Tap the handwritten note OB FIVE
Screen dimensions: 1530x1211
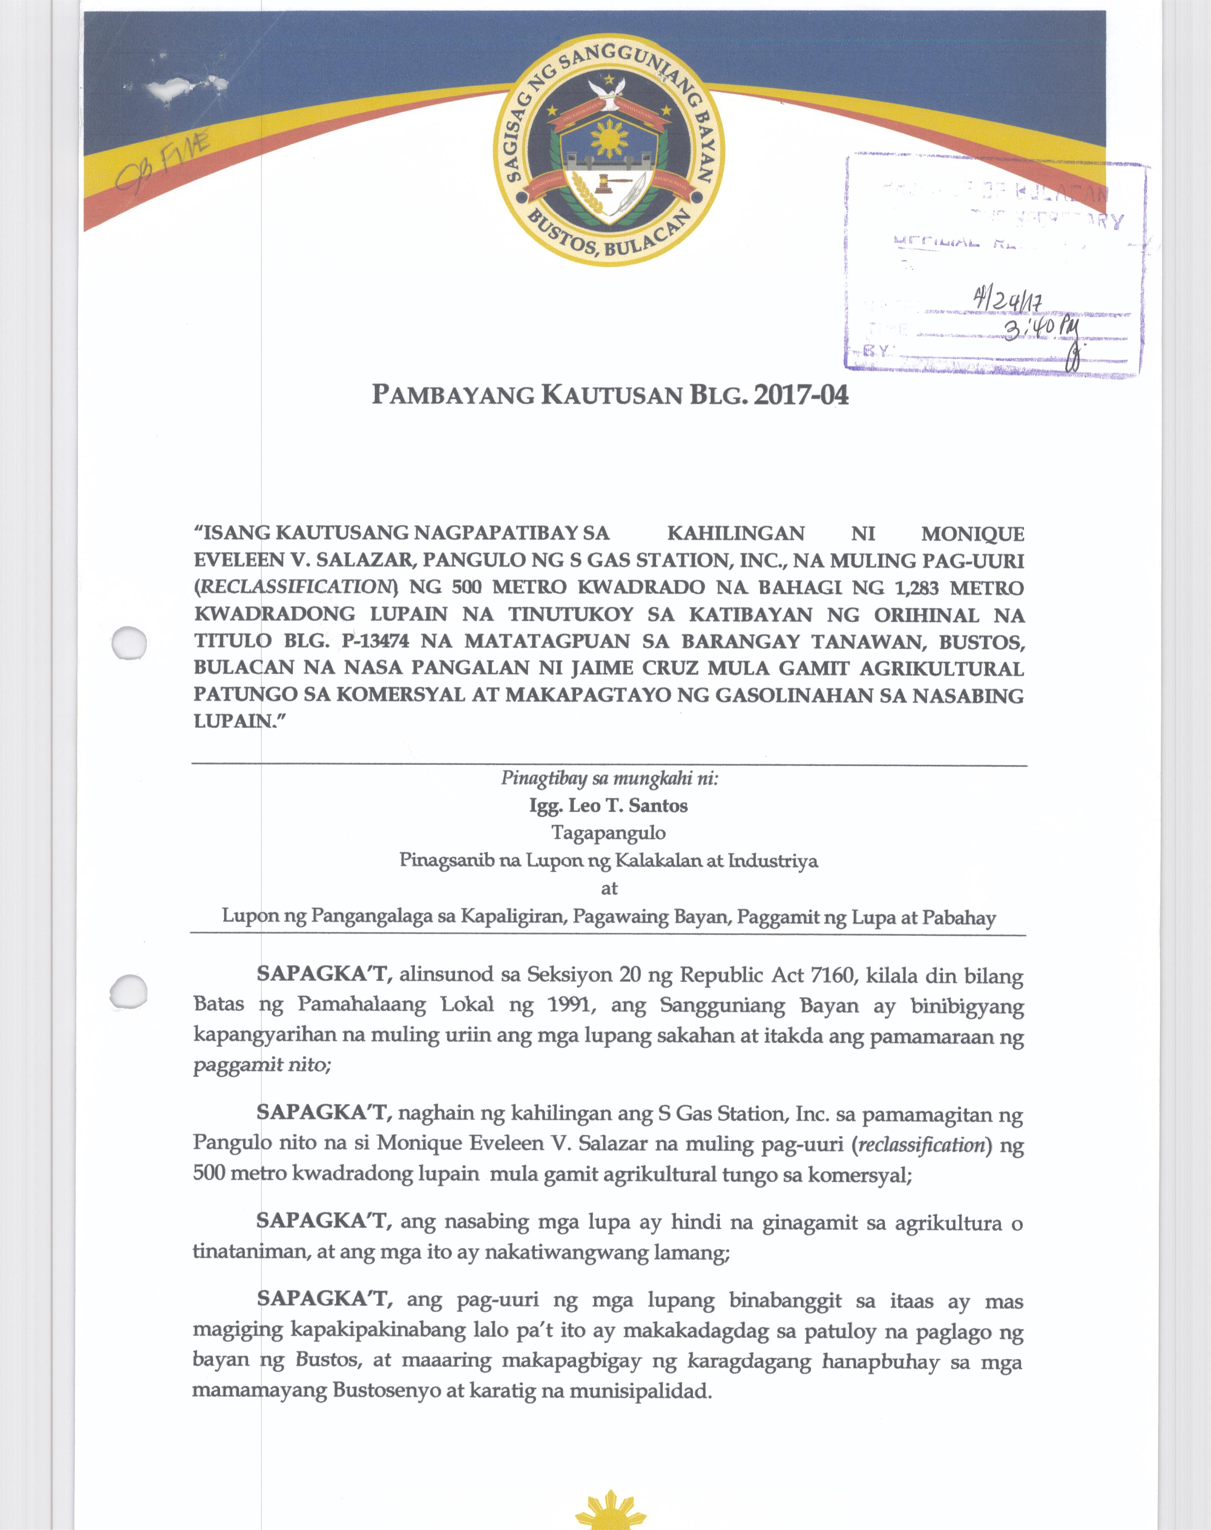(x=164, y=164)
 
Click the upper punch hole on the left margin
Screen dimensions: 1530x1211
(x=130, y=644)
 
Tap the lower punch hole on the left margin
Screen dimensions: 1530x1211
(x=130, y=990)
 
